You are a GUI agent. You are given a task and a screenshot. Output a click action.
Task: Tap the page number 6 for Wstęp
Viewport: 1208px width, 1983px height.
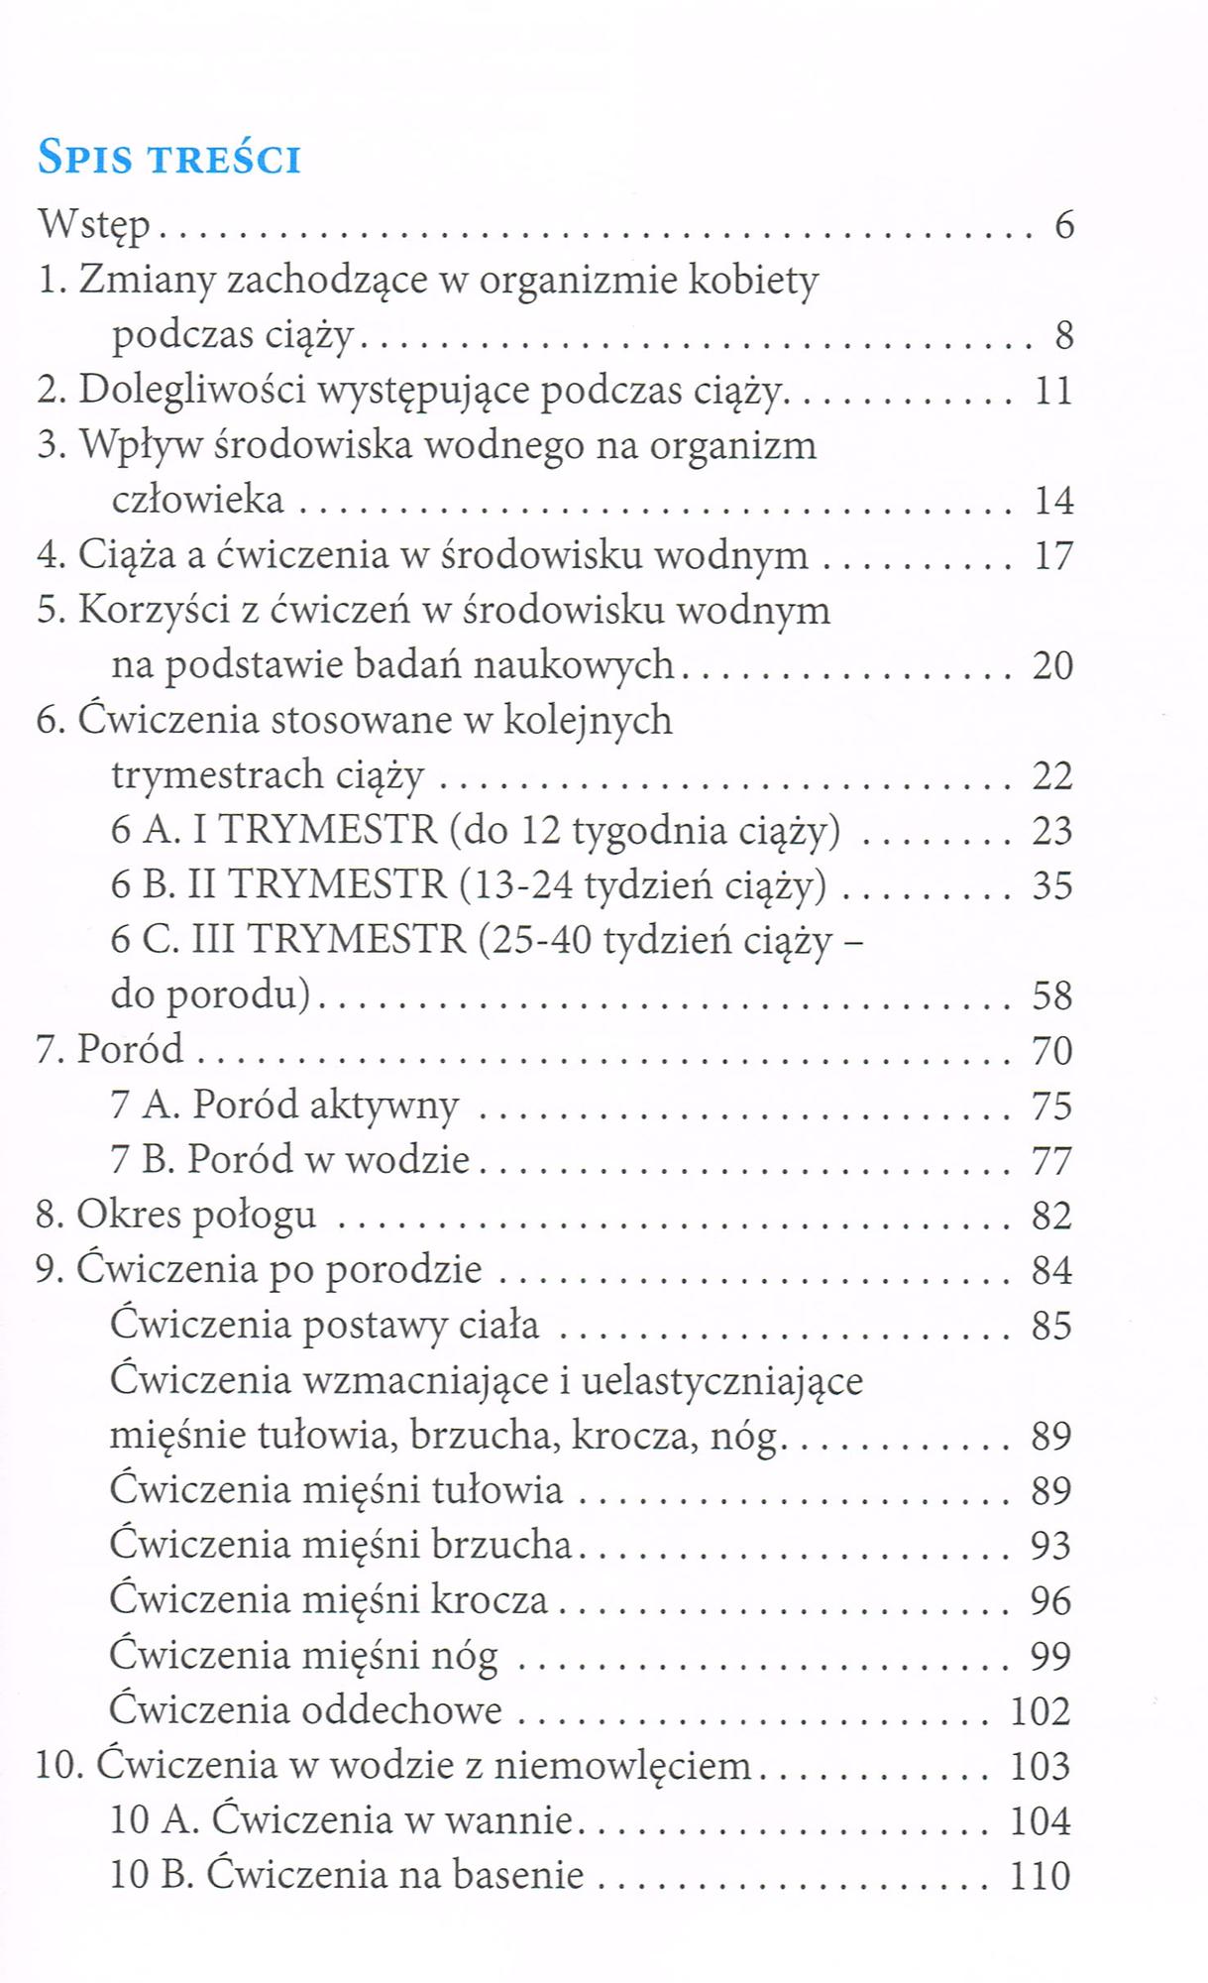click(x=1063, y=226)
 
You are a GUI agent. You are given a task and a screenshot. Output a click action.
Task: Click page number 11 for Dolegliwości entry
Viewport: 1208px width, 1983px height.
click(x=1053, y=391)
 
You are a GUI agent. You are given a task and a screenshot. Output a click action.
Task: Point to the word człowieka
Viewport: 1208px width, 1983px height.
click(x=198, y=500)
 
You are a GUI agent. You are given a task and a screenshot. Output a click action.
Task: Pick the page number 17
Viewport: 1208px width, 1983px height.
click(x=1053, y=556)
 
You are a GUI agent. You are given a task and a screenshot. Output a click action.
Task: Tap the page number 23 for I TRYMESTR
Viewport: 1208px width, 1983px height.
click(x=1052, y=831)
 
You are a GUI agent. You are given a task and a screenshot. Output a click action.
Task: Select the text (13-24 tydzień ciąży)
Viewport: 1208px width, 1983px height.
click(x=643, y=885)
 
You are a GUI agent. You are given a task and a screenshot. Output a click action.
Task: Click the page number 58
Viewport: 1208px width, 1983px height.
click(x=1052, y=995)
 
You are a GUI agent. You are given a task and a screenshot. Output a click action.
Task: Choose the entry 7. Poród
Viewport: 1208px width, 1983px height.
click(x=110, y=1050)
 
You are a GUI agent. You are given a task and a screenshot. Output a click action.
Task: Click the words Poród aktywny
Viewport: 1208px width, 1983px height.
click(x=325, y=1106)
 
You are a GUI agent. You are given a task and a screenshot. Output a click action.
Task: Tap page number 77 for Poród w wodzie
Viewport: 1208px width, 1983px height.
click(x=1052, y=1160)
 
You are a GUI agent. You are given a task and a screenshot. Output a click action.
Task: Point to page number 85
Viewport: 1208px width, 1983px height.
click(x=1052, y=1326)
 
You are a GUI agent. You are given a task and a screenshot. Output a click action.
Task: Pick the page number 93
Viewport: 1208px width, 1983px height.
click(x=1052, y=1546)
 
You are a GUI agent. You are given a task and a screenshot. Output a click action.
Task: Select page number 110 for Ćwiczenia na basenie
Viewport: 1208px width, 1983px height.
click(x=1041, y=1876)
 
